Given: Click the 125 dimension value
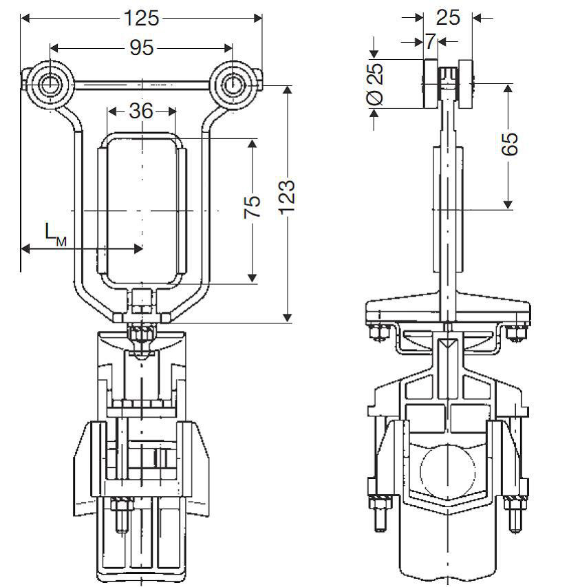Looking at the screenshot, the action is click(x=141, y=18).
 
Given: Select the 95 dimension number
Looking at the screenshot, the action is click(x=142, y=48).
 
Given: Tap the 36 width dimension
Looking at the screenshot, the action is click(x=141, y=111).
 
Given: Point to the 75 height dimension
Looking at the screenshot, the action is click(x=253, y=206).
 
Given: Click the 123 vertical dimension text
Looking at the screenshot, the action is click(x=288, y=198).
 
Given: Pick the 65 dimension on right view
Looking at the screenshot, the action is click(x=509, y=144).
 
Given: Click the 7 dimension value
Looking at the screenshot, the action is click(x=430, y=41).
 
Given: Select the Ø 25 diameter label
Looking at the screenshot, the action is click(x=375, y=84).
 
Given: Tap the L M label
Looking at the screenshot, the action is click(x=56, y=235).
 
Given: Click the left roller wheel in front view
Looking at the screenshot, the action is click(x=49, y=85).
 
